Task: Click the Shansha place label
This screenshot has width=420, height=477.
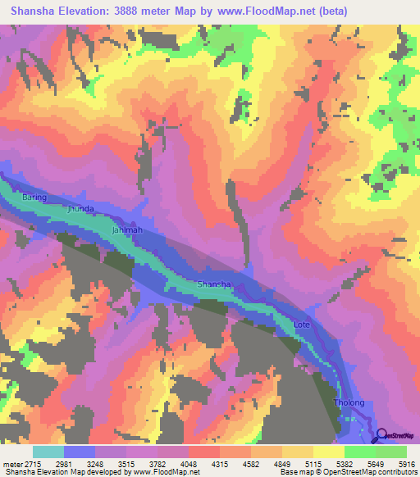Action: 214,284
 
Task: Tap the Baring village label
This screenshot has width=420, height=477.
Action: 34,198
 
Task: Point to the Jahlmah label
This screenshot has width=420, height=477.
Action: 126,230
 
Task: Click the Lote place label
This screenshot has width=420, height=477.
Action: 302,325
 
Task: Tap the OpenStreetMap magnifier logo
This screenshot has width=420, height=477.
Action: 383,435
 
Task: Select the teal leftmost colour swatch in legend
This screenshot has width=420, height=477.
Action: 48,452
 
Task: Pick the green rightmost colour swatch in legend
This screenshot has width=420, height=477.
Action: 391,452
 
